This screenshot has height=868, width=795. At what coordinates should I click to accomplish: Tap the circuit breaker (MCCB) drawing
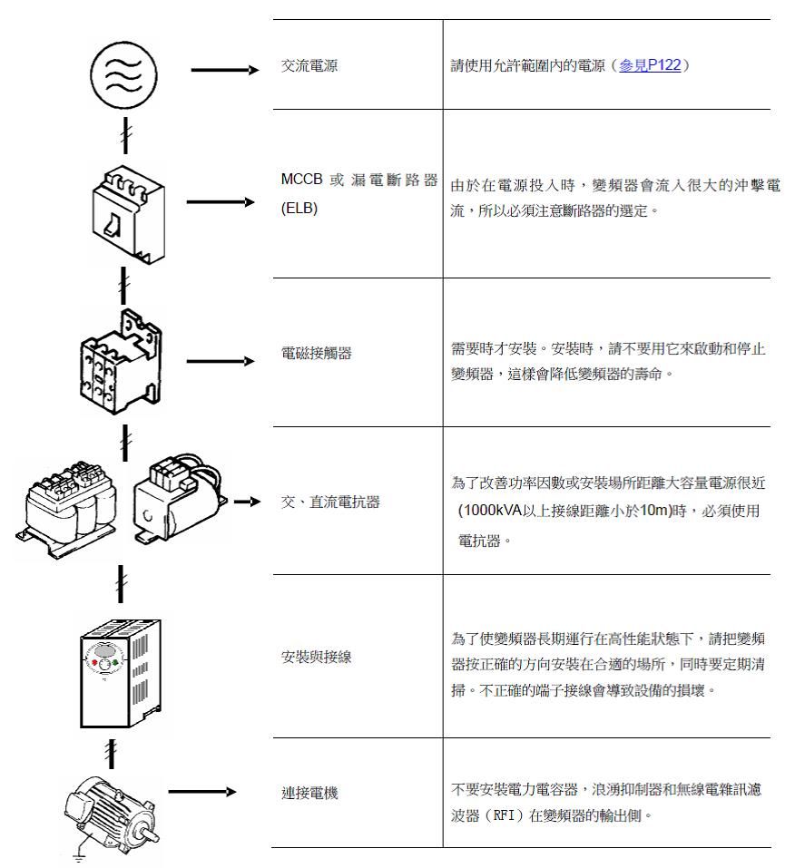click(x=129, y=214)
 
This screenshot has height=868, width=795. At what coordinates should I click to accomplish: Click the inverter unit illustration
click(x=121, y=673)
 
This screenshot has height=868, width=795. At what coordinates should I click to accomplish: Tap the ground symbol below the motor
click(x=79, y=858)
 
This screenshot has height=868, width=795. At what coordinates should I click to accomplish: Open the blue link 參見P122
click(x=649, y=65)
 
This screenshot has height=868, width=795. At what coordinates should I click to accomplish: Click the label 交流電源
click(x=309, y=66)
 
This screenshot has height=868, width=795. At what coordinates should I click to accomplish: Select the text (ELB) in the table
click(x=299, y=208)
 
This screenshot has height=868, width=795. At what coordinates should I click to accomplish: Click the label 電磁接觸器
click(x=317, y=353)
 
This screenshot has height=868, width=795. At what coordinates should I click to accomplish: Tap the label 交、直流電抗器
click(x=330, y=502)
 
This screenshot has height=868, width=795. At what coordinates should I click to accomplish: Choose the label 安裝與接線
click(x=317, y=657)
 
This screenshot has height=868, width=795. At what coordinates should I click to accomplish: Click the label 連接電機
click(x=309, y=794)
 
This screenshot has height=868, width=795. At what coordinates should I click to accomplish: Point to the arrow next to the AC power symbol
click(x=225, y=70)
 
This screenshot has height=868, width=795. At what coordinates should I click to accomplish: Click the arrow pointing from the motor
click(x=202, y=792)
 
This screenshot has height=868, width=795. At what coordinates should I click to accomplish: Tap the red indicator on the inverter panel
click(x=94, y=662)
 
